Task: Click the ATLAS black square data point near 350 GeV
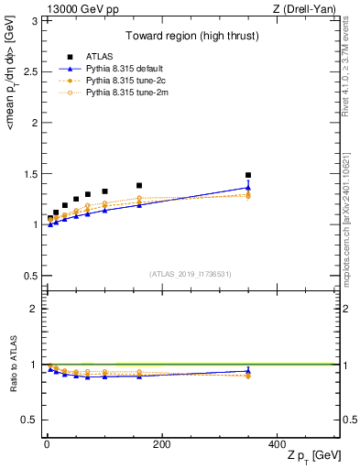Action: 247,175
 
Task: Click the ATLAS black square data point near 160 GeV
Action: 139,186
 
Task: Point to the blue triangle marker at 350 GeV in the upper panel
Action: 247,188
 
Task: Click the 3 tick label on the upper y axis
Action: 35,20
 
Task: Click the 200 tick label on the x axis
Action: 161,442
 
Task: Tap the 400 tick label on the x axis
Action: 276,442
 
